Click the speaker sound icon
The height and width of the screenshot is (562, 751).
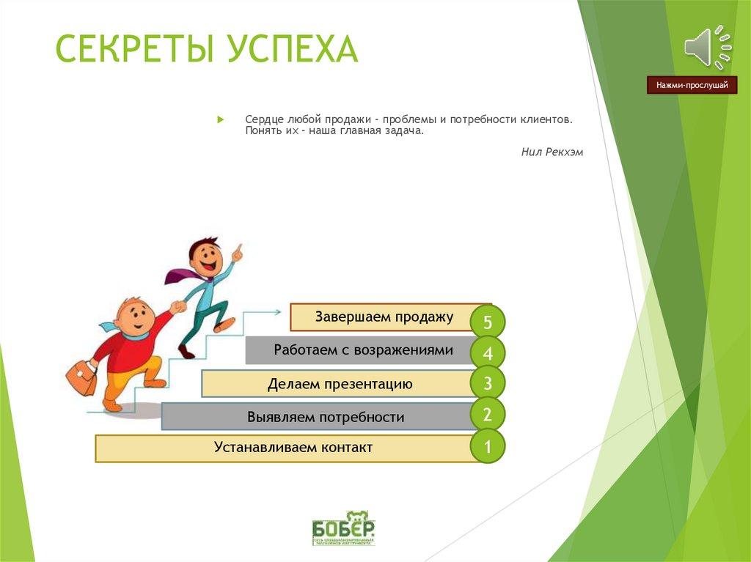pyautogui.click(x=708, y=48)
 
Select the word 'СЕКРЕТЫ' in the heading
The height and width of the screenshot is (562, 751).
pyautogui.click(x=135, y=48)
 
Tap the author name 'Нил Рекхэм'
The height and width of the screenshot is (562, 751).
pyautogui.click(x=552, y=152)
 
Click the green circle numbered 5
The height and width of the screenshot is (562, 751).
pyautogui.click(x=488, y=321)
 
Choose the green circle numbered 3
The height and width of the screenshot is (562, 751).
pyautogui.click(x=488, y=382)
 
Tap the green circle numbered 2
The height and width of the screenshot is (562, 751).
pyautogui.click(x=488, y=415)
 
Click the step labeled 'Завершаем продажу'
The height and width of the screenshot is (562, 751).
pyautogui.click(x=384, y=317)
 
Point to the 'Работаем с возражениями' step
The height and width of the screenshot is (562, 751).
pyautogui.click(x=363, y=350)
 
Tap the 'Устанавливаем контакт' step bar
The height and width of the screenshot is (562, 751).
pyautogui.click(x=293, y=448)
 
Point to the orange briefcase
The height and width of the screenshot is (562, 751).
pyautogui.click(x=81, y=377)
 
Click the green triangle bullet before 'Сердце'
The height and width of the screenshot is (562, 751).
pyautogui.click(x=220, y=119)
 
